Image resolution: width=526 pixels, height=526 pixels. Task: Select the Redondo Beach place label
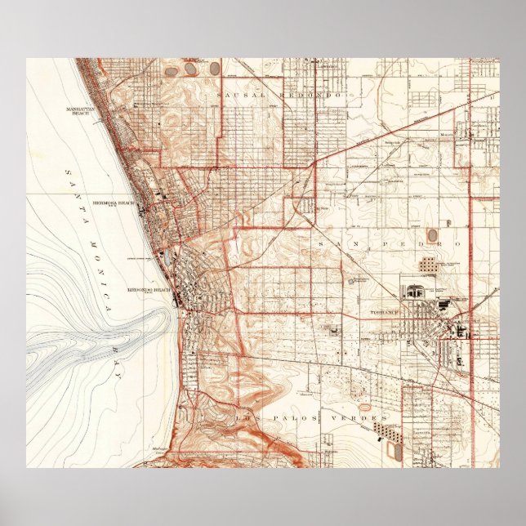(x=148, y=290)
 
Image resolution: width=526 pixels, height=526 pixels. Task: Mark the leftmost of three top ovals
(x=172, y=71)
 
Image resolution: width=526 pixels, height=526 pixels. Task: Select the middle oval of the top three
(x=191, y=69)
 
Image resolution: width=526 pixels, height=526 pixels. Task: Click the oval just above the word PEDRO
(x=432, y=235)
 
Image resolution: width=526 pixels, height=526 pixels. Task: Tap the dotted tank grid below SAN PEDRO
(x=428, y=265)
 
